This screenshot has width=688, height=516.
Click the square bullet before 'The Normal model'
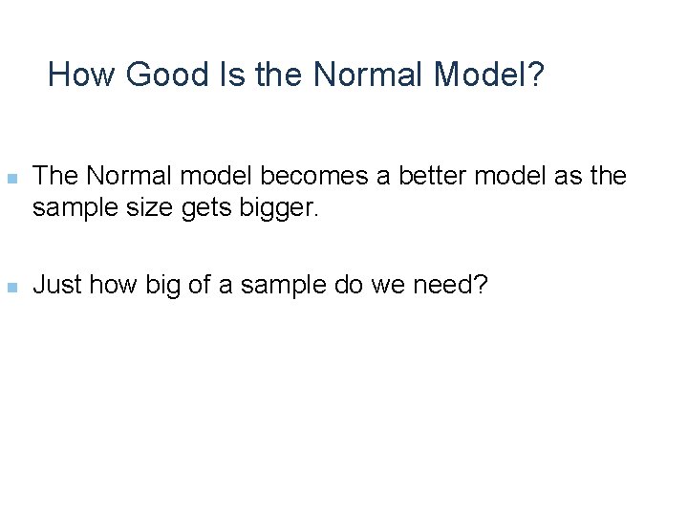pyautogui.click(x=11, y=179)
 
